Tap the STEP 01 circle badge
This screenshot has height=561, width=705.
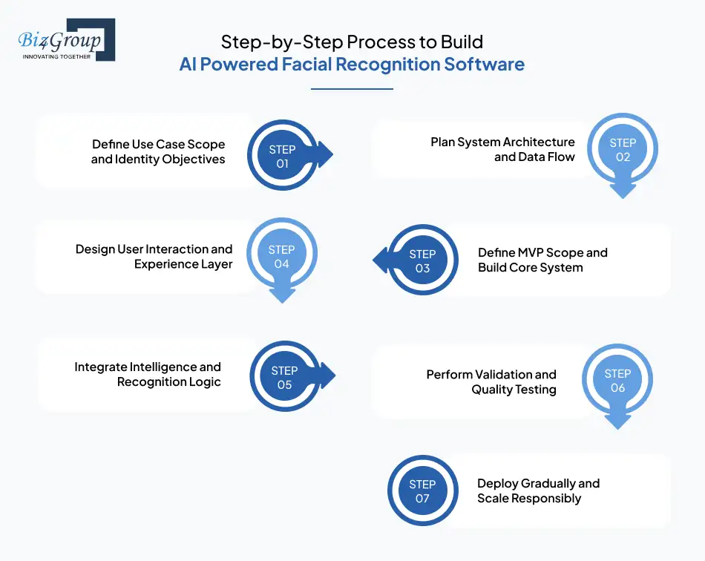point(282,157)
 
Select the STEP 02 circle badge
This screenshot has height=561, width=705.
point(623,150)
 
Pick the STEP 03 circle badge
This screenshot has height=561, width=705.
point(422,260)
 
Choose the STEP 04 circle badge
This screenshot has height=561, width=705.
point(282,257)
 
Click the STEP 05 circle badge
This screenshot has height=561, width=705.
point(285,378)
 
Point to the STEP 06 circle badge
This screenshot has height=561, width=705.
point(617,381)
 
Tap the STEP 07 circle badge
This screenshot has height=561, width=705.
point(422,491)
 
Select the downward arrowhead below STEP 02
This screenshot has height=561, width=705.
point(623,190)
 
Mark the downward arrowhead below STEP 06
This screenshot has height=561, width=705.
point(617,421)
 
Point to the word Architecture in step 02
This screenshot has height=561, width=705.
point(540,142)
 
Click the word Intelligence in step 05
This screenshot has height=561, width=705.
point(164,367)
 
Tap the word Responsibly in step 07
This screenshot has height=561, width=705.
point(546,498)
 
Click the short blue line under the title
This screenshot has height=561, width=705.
point(352,89)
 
